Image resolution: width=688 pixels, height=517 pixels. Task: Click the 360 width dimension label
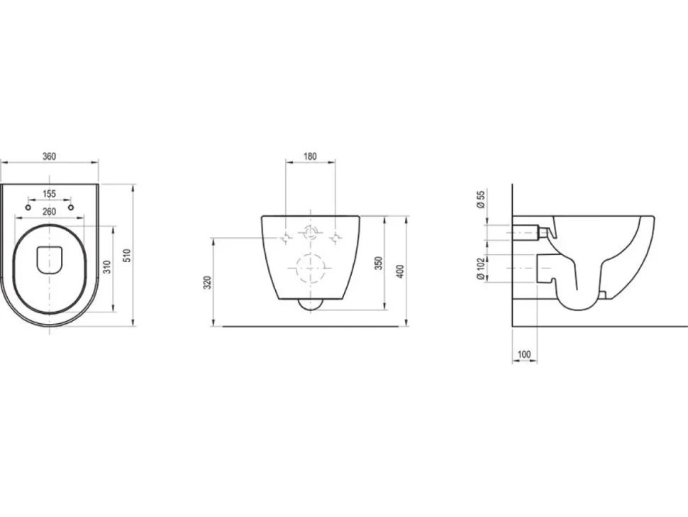[x=49, y=156]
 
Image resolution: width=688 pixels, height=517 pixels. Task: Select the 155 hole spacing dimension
[x=49, y=194]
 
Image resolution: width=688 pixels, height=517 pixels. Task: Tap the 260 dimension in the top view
[x=49, y=212]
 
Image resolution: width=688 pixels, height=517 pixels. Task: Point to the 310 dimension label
[x=107, y=266]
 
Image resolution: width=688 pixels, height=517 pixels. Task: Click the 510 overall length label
[x=127, y=256]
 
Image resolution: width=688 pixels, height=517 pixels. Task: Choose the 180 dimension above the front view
[x=310, y=156]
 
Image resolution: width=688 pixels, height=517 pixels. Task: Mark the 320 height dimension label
[x=209, y=282]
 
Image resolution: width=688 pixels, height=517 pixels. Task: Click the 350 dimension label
[x=379, y=263]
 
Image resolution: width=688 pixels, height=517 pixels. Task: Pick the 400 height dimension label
[x=400, y=271]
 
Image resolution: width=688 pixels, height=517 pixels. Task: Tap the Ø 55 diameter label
[x=481, y=200]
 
